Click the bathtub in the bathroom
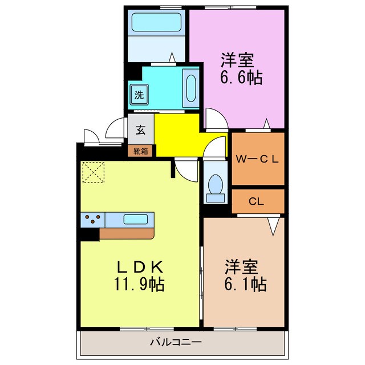pos(156,22)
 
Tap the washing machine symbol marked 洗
pos(139,95)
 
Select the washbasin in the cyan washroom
pos(191,88)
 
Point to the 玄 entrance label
pos(141,130)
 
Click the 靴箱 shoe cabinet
pos(141,151)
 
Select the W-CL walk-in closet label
pos(257,159)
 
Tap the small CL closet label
pos(256,201)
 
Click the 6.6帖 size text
pos(241,78)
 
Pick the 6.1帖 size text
pos(245,284)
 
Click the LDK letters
pos(139,267)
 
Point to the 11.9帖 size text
pos(139,284)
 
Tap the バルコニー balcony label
pos(176,342)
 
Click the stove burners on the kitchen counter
pos(92,219)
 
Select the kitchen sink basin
pos(136,220)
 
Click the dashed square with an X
pos(94,172)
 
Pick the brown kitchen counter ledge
pos(127,233)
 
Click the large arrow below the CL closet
pos(273,226)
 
